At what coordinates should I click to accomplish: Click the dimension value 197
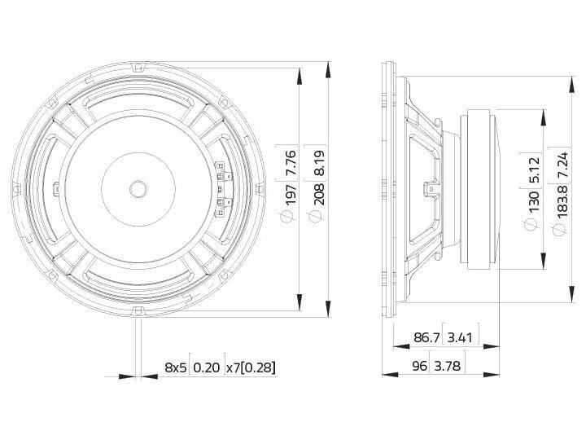[x=291, y=195]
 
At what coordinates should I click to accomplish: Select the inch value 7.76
[x=291, y=162]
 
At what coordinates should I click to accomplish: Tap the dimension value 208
[x=319, y=195]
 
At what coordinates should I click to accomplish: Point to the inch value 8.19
[x=319, y=162]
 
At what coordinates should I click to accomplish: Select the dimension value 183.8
[x=563, y=202]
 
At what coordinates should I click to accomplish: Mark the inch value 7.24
[x=563, y=165]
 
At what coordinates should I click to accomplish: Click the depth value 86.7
[x=426, y=337]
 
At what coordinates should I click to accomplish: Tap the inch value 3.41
[x=460, y=337]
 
